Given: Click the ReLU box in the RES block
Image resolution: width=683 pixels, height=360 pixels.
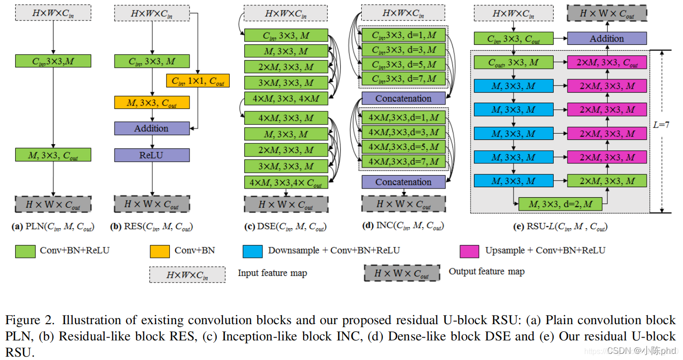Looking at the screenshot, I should [152, 155].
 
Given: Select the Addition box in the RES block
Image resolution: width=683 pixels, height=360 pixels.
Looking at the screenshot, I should [152, 128].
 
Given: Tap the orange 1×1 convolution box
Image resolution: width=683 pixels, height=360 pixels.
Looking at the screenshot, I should [198, 81].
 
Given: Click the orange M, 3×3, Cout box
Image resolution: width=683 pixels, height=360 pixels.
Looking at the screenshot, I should [152, 102].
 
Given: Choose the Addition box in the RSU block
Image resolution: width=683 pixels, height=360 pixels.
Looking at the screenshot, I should [607, 39].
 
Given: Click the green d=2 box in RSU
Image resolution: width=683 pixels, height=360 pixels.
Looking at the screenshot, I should [560, 204].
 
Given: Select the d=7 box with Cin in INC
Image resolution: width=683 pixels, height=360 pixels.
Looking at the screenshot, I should [403, 78].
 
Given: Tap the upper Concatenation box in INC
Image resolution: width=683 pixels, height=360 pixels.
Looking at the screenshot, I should [403, 98].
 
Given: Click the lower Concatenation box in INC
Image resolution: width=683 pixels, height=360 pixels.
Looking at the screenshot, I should [403, 182].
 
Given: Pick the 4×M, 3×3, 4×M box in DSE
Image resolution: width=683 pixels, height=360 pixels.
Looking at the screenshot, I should [286, 99].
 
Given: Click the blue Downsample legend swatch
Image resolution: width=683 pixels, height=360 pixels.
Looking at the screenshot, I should [252, 251].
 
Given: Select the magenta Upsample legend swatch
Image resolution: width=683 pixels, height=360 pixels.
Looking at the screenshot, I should [470, 251].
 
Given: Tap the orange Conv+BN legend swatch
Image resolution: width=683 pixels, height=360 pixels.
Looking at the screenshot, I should [160, 251].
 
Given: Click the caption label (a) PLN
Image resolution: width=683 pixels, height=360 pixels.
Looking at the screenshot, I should [53, 227].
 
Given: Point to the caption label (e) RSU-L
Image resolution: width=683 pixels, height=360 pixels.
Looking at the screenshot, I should [560, 227].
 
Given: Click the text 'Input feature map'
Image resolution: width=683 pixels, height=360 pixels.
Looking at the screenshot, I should [273, 273].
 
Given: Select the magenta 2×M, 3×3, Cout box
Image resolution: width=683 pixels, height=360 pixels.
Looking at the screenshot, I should [607, 62].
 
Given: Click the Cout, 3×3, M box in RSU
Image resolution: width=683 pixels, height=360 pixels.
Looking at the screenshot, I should [513, 62].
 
